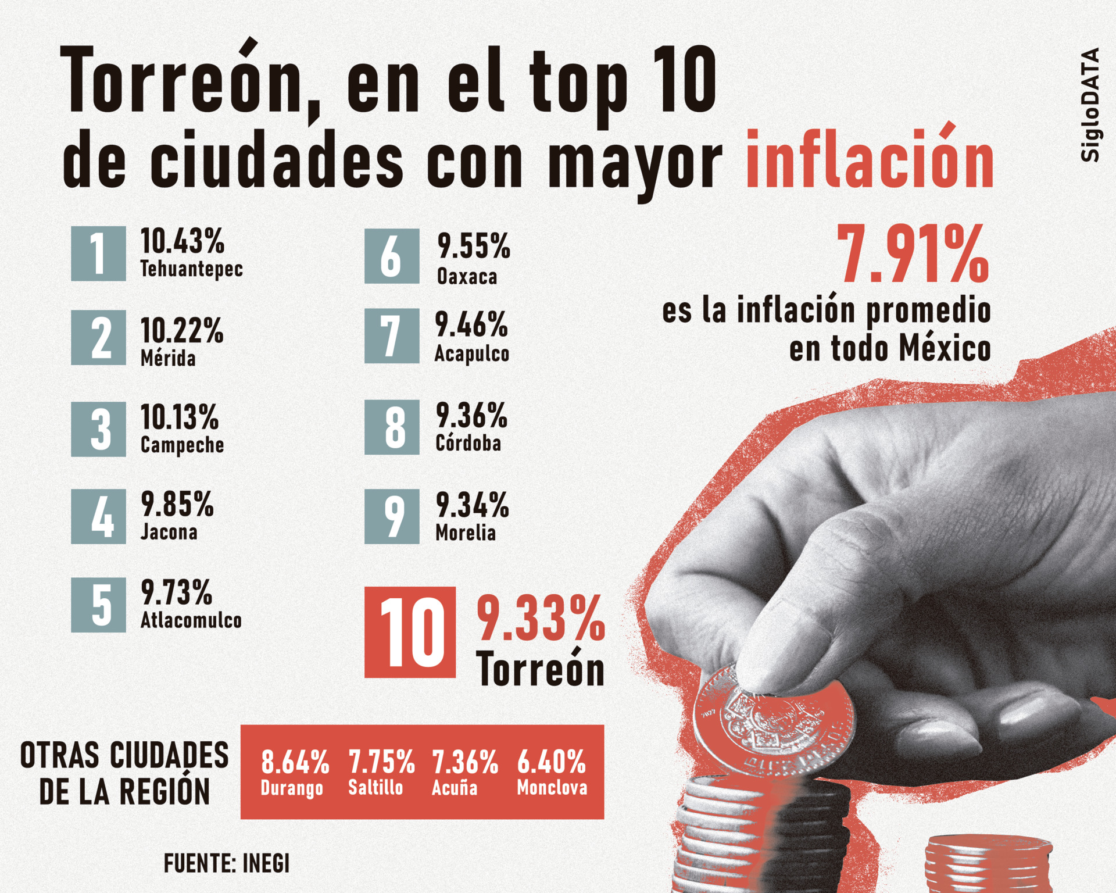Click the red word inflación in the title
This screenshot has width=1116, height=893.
870,160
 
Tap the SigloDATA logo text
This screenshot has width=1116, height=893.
1090,105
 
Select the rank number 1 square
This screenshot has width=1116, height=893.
98,253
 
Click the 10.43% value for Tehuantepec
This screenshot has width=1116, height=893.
182,241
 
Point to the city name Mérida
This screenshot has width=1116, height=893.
168,358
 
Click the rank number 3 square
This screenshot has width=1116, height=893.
98,429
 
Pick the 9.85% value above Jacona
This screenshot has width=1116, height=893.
177,504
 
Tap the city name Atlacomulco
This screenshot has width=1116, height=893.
191,620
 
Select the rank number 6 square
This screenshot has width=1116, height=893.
392,256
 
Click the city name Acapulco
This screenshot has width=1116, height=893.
471,353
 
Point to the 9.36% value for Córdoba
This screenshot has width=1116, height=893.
471,416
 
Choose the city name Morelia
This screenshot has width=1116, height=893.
466,533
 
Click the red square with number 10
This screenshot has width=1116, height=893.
410,632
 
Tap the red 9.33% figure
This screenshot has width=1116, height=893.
541,618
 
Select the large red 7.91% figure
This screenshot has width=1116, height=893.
913,255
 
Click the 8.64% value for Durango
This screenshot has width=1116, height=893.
295,762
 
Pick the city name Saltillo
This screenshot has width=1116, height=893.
375,788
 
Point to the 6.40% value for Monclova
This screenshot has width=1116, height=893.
551,762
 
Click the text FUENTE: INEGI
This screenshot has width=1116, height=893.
227,863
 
